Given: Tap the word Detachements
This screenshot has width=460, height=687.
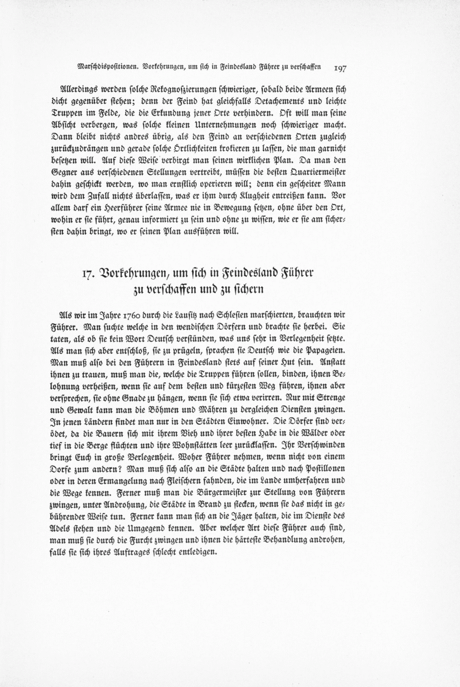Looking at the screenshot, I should (x=258, y=95).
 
